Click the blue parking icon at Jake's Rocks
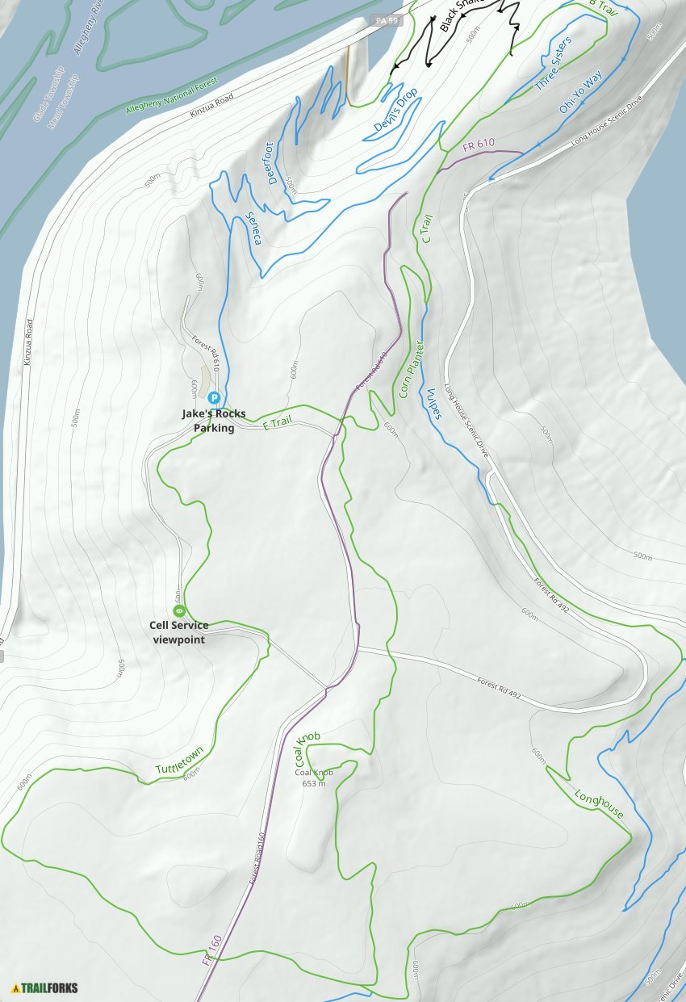214,397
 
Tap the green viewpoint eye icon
179,611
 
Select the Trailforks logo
45,987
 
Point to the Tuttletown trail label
179,764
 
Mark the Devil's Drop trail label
395,109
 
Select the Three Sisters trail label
554,63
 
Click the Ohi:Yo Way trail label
580,92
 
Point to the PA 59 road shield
386,19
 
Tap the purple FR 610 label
479,145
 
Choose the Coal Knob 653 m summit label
314,778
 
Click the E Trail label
277,423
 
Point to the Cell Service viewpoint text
178,632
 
